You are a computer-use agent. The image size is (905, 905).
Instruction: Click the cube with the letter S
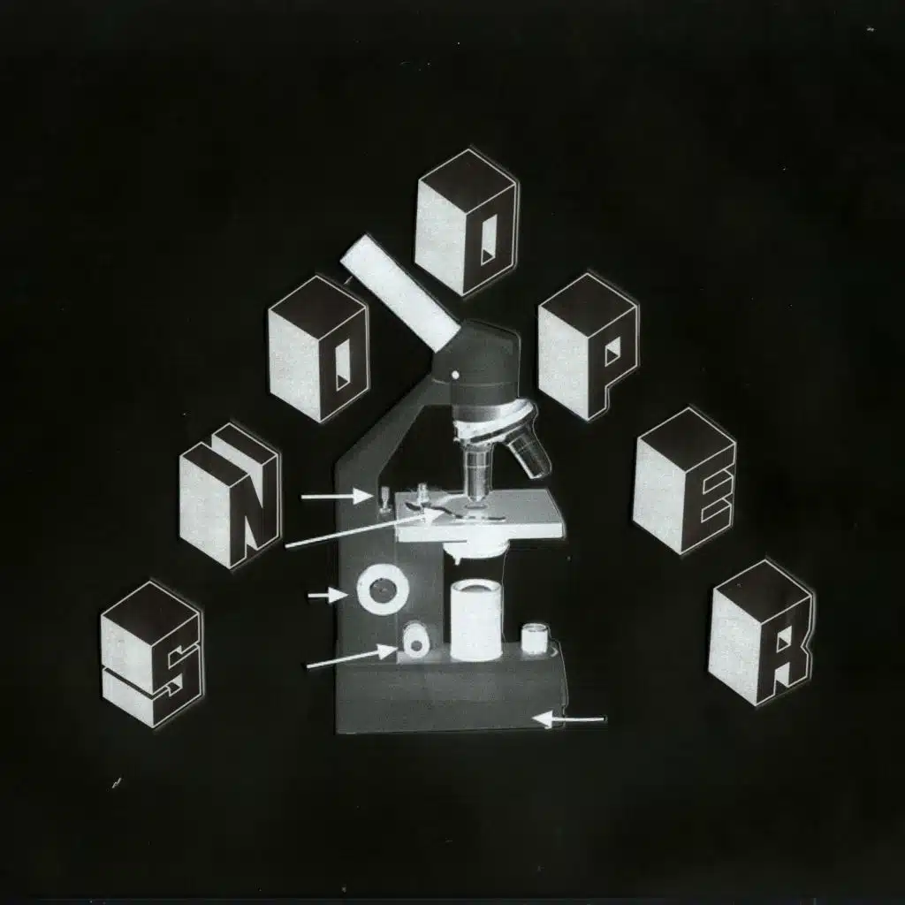tap(152, 654)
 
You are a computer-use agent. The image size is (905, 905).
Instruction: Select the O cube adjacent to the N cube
tap(318, 348)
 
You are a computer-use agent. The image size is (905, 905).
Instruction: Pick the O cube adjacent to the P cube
tap(466, 222)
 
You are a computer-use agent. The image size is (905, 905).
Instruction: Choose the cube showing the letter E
tap(684, 482)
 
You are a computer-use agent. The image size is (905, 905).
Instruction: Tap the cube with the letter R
tap(760, 632)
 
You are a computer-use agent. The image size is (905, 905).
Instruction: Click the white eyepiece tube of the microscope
tap(399, 292)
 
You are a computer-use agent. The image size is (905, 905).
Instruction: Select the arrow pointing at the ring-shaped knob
tap(328, 597)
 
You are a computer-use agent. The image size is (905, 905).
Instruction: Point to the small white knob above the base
tap(414, 640)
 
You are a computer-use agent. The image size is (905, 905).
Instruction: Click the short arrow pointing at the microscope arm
tap(337, 497)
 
